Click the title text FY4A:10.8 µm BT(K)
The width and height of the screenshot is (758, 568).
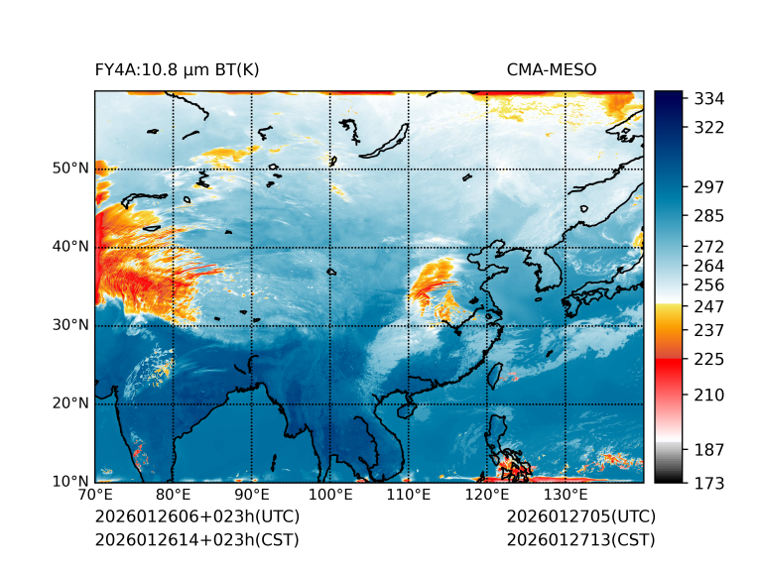pos(177,69)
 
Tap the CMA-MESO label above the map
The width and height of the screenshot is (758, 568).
pos(552,69)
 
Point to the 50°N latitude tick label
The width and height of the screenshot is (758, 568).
pos(70,169)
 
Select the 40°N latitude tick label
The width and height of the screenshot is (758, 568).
pos(70,247)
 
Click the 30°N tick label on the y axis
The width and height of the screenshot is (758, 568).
pos(70,325)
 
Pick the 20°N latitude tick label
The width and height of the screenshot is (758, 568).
pos(70,403)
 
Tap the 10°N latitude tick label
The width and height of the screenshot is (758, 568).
pos(70,482)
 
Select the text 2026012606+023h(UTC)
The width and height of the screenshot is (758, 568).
pos(196,517)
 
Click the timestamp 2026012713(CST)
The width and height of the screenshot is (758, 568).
pos(580,539)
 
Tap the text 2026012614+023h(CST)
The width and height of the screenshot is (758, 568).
pos(196,539)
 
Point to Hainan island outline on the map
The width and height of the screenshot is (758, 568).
pos(405,409)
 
